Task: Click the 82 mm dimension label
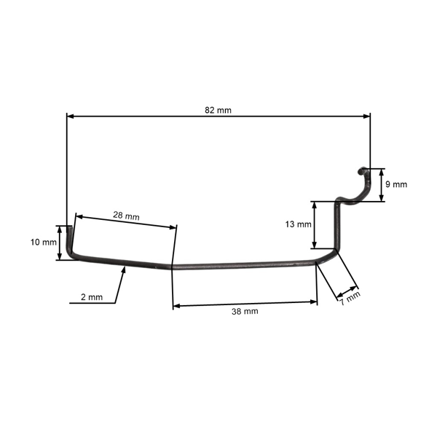tap(219, 109)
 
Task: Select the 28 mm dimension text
tap(126, 216)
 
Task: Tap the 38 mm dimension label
tap(245, 311)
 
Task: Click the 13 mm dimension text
tap(299, 224)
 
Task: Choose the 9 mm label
tap(396, 184)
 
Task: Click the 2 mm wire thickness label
tap(91, 298)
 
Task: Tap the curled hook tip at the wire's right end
tap(361, 171)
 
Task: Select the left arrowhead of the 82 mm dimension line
tap(70, 115)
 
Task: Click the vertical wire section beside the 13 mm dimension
tap(336, 226)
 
